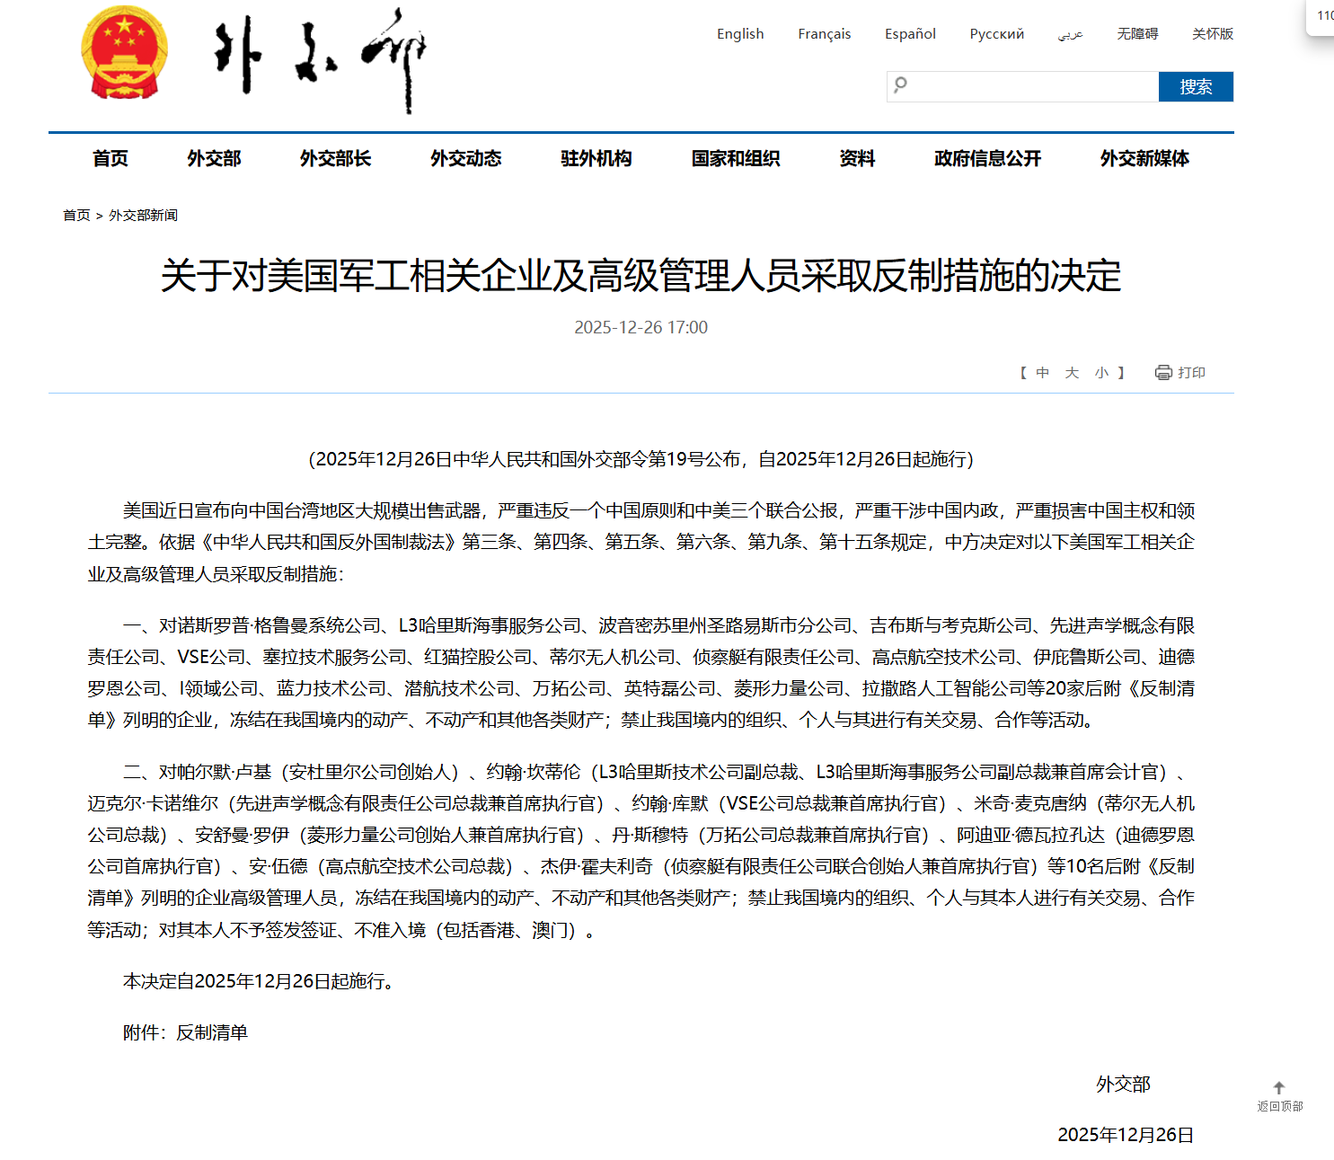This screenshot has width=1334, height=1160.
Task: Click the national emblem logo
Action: pos(124,52)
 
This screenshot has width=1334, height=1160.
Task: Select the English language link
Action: pos(740,34)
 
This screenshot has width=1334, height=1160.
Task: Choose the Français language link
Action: pos(824,34)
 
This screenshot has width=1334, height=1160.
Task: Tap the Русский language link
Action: pos(996,34)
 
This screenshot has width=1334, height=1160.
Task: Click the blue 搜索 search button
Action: pos(1195,87)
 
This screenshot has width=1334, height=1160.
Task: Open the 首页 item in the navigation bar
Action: pos(110,159)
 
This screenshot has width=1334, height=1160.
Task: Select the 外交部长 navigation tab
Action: pos(335,159)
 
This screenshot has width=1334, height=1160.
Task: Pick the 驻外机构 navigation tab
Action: pos(596,159)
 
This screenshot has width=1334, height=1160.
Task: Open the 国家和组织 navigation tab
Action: pos(735,159)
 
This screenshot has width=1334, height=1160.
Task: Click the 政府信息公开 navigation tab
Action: pos(987,159)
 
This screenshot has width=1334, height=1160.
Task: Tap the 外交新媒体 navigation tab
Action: pos(1144,159)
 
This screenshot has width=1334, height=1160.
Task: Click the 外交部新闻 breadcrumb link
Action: pos(143,216)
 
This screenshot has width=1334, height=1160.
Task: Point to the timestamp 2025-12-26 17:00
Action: pos(640,328)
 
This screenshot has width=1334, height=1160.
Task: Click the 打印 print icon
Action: pos(1164,373)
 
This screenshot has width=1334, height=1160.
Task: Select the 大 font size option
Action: pos(1072,373)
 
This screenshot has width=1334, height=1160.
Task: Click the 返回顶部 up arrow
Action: pos(1279,1088)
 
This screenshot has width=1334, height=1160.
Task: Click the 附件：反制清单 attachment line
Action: pos(185,1033)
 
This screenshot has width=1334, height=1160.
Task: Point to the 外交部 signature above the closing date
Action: pos(1123,1085)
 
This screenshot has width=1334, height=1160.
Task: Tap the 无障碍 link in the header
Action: pos(1136,34)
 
